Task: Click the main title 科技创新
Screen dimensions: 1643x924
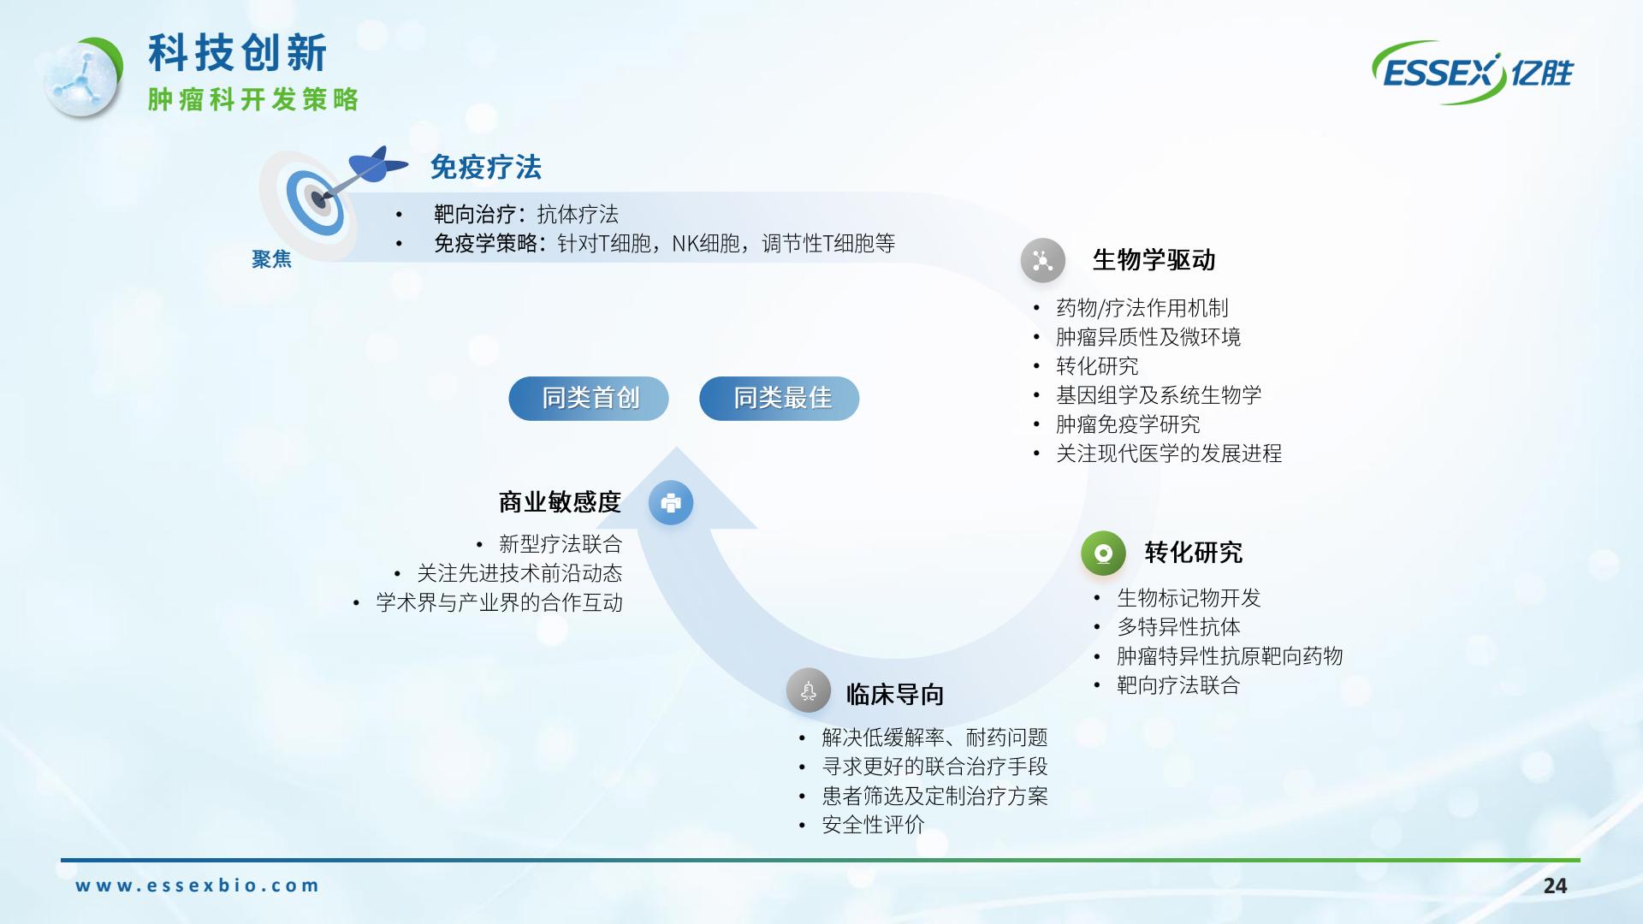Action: click(x=238, y=53)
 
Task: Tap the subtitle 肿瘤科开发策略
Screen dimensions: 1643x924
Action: click(x=253, y=99)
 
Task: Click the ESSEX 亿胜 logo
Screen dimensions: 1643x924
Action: click(x=1472, y=73)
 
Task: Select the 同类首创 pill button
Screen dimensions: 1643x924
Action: click(x=589, y=399)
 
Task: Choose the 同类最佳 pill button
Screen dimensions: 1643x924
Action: click(x=780, y=399)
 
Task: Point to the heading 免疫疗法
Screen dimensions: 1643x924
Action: click(x=486, y=168)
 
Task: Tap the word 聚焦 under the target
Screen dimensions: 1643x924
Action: click(x=272, y=259)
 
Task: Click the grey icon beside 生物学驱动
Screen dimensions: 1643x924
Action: click(x=1042, y=260)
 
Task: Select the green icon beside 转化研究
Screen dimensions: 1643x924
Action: click(x=1103, y=553)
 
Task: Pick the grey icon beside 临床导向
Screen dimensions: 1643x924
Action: click(x=809, y=690)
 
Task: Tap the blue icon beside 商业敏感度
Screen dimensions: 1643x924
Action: click(x=671, y=502)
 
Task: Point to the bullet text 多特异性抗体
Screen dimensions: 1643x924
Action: click(x=1178, y=627)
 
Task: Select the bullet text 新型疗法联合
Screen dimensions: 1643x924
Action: click(x=561, y=544)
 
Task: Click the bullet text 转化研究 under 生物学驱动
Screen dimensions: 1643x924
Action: click(x=1097, y=366)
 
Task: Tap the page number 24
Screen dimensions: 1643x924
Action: click(x=1555, y=885)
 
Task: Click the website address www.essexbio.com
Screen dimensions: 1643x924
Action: click(x=197, y=885)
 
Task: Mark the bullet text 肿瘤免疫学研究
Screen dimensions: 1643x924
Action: click(x=1128, y=424)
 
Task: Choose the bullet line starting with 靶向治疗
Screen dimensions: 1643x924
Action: click(x=525, y=214)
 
